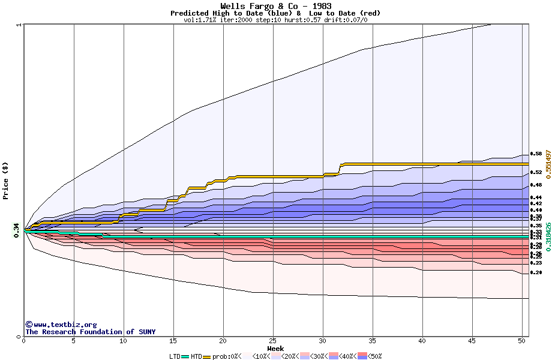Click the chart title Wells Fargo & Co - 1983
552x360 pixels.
(x=275, y=6)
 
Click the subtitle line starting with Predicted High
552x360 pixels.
(x=275, y=13)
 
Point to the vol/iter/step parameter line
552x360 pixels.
(x=275, y=20)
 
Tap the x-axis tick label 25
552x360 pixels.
(x=273, y=341)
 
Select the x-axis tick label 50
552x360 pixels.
(x=522, y=341)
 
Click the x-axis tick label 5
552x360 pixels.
(x=74, y=341)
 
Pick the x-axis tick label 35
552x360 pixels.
(x=373, y=341)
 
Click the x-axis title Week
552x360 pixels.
(x=275, y=348)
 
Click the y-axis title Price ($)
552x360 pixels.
(x=6, y=180)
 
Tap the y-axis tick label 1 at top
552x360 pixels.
(x=19, y=25)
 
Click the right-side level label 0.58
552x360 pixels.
(x=536, y=154)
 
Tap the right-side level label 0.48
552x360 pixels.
(x=536, y=185)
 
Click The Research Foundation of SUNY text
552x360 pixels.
(x=90, y=332)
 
